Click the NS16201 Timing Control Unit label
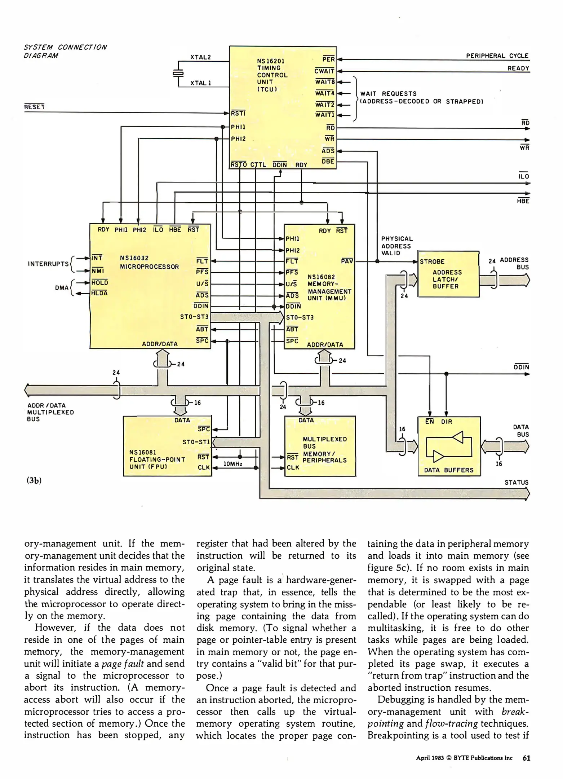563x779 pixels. pos(272,75)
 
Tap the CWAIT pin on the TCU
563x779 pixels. pos(324,71)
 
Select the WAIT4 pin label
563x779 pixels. pos(325,93)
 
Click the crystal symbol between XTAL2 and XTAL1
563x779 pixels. pos(178,72)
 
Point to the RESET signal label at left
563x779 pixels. pos(34,107)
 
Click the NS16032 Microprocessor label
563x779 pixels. pos(149,263)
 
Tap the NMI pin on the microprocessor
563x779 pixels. pos(97,270)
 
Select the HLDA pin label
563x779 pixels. pos(99,293)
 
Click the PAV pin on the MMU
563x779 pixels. pos(347,261)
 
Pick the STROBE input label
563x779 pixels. pos(432,261)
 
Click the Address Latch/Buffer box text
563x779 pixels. pos(447,280)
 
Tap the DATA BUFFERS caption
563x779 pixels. pos(448,470)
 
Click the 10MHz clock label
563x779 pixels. pos(232,464)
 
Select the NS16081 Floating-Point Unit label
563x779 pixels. pos(157,459)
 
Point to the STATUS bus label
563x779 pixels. pos(516,483)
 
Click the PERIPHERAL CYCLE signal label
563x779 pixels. pos(497,56)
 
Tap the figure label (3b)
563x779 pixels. pos(34,481)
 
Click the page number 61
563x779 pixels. pos(526,758)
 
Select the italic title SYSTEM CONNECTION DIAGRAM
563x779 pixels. pos(65,52)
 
